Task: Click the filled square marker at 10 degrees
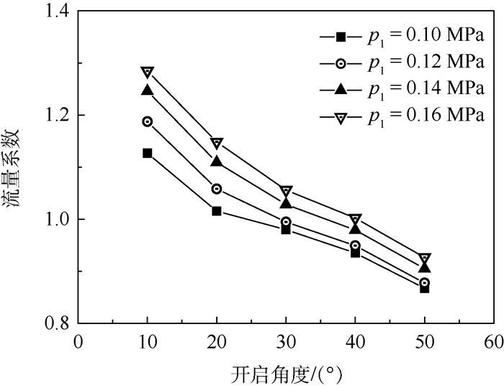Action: [x=148, y=153]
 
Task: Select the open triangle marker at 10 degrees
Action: [x=148, y=72]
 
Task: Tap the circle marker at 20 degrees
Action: [x=217, y=189]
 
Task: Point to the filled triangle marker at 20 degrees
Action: [x=217, y=162]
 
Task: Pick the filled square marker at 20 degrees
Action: [x=217, y=211]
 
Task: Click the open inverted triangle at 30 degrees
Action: [x=286, y=192]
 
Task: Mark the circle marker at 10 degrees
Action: [x=148, y=121]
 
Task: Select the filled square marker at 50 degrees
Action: [x=425, y=288]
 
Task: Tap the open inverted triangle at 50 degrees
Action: [x=425, y=259]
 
